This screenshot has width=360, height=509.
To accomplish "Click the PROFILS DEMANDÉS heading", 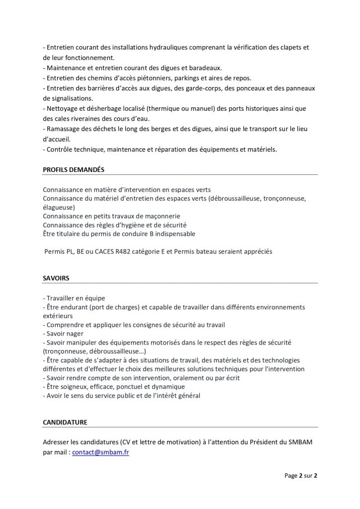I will point(74,170).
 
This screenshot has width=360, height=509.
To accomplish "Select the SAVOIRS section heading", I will point(56,278).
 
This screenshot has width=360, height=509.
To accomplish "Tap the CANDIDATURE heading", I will point(65,422).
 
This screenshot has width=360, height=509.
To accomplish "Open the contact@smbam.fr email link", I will point(100,452).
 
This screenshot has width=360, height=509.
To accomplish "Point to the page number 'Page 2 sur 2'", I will point(301,476).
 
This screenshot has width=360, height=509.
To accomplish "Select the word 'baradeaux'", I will point(205,68).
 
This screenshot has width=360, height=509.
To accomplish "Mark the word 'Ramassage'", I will point(62,129).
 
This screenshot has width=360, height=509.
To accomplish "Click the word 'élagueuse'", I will point(59,207).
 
